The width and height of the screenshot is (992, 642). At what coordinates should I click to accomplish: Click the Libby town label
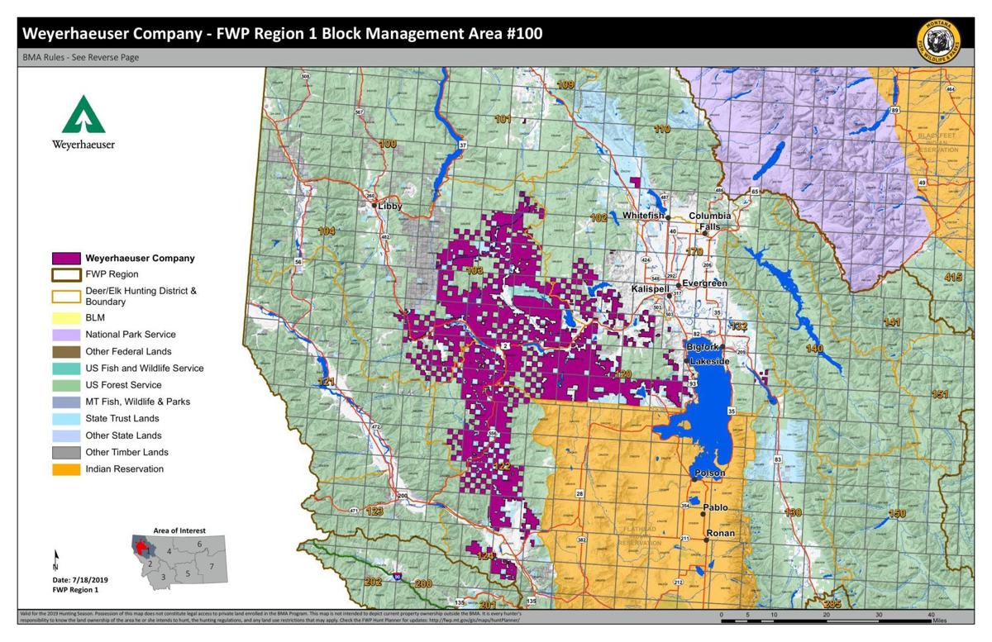pyautogui.click(x=389, y=206)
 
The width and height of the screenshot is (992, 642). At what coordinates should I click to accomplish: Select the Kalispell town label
pyautogui.click(x=649, y=288)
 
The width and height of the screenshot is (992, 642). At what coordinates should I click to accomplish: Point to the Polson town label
pyautogui.click(x=710, y=473)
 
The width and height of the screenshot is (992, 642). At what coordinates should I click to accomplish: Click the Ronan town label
pyautogui.click(x=721, y=533)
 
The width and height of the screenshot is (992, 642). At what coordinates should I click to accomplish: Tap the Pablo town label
pyautogui.click(x=716, y=507)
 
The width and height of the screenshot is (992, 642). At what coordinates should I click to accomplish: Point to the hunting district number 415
pyautogui.click(x=953, y=277)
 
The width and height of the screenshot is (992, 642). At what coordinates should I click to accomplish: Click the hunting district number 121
pyautogui.click(x=327, y=382)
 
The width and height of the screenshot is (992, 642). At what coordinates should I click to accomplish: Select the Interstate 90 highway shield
pyautogui.click(x=398, y=578)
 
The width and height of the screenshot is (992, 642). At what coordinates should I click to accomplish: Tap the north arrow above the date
pyautogui.click(x=55, y=559)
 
